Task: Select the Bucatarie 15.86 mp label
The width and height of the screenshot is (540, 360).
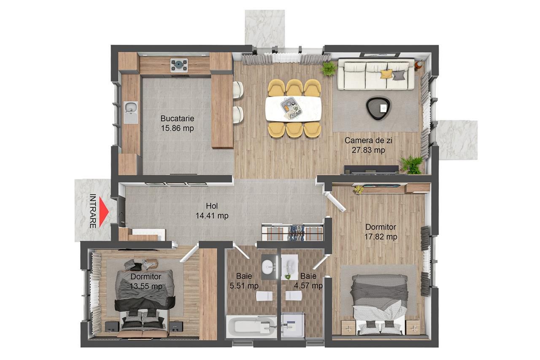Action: tap(177, 123)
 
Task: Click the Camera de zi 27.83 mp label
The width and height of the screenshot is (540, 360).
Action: tap(365, 145)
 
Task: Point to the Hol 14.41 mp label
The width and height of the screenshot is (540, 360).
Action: tap(212, 211)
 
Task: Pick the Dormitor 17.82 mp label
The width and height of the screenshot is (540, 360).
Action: tap(381, 232)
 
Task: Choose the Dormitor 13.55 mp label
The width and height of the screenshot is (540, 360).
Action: tap(146, 282)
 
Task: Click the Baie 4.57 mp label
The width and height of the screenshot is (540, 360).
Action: tap(311, 281)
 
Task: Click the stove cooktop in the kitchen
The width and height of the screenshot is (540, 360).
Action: tap(179, 65)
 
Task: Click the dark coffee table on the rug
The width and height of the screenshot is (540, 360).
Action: tap(378, 108)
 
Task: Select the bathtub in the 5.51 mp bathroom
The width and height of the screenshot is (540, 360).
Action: tap(251, 328)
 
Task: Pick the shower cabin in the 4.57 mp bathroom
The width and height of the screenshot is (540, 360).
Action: tap(293, 325)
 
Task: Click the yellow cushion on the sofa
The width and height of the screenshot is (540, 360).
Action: tap(386, 74)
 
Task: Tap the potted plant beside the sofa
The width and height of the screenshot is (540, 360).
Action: tap(329, 68)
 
